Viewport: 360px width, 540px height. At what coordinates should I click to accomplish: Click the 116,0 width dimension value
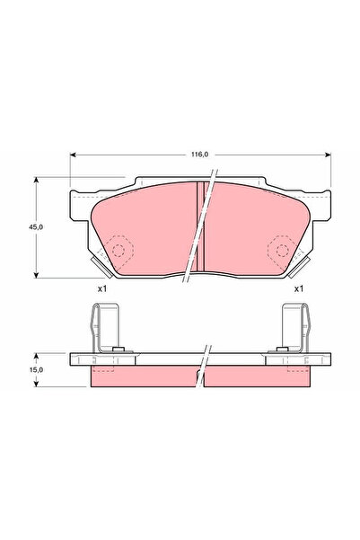(199, 155)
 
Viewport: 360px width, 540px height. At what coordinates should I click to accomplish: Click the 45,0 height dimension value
(36, 227)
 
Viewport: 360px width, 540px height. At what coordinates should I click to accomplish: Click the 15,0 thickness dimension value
(36, 370)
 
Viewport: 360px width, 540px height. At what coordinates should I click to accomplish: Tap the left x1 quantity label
(102, 288)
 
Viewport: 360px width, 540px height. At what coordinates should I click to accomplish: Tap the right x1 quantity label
(299, 288)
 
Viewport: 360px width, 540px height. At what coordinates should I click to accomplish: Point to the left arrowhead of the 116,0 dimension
(73, 155)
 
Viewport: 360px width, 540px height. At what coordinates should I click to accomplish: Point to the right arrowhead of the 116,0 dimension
(328, 155)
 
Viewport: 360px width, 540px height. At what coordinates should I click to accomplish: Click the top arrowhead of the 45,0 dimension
(36, 180)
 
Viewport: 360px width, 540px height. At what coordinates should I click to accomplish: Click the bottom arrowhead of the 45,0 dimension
(36, 275)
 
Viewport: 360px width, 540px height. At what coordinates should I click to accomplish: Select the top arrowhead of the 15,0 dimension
(36, 356)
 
